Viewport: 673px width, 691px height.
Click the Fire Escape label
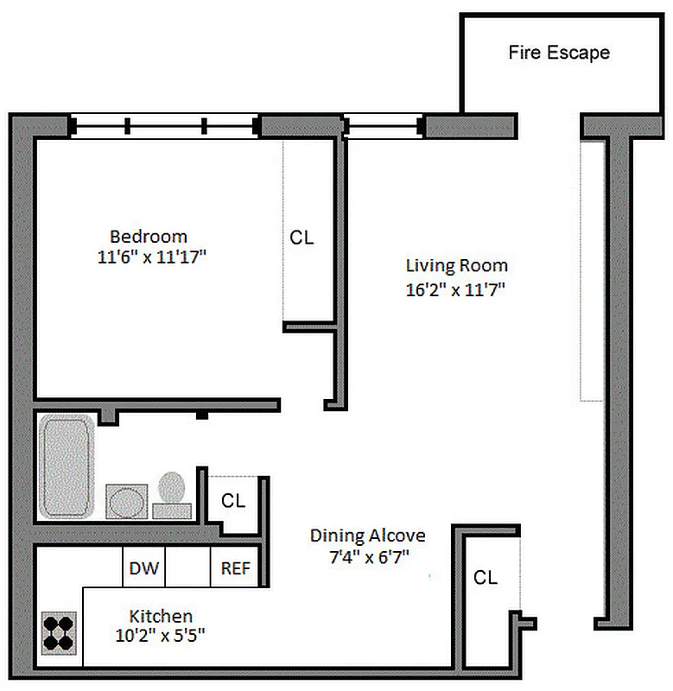pos(558,53)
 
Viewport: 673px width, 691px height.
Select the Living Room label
pos(457,265)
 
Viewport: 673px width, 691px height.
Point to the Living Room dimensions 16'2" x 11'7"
pos(455,290)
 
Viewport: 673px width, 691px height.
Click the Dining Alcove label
pos(368,536)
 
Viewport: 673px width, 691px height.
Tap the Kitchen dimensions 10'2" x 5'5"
pos(161,638)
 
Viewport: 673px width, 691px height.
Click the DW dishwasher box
pos(143,568)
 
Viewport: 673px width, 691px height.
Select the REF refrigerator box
pos(235,568)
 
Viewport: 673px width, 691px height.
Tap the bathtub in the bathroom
pos(67,467)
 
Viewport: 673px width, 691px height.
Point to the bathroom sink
pos(126,501)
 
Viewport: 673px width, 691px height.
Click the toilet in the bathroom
pos(173,495)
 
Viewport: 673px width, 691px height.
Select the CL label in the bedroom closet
pos(302,238)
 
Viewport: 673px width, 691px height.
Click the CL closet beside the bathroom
pos(233,501)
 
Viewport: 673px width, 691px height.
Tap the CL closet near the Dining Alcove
pos(486,578)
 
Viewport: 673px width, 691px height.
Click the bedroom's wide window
pos(165,127)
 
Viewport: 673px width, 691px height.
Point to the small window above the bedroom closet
pos(383,127)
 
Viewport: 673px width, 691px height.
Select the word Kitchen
pos(161,616)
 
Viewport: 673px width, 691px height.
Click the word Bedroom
pos(149,236)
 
